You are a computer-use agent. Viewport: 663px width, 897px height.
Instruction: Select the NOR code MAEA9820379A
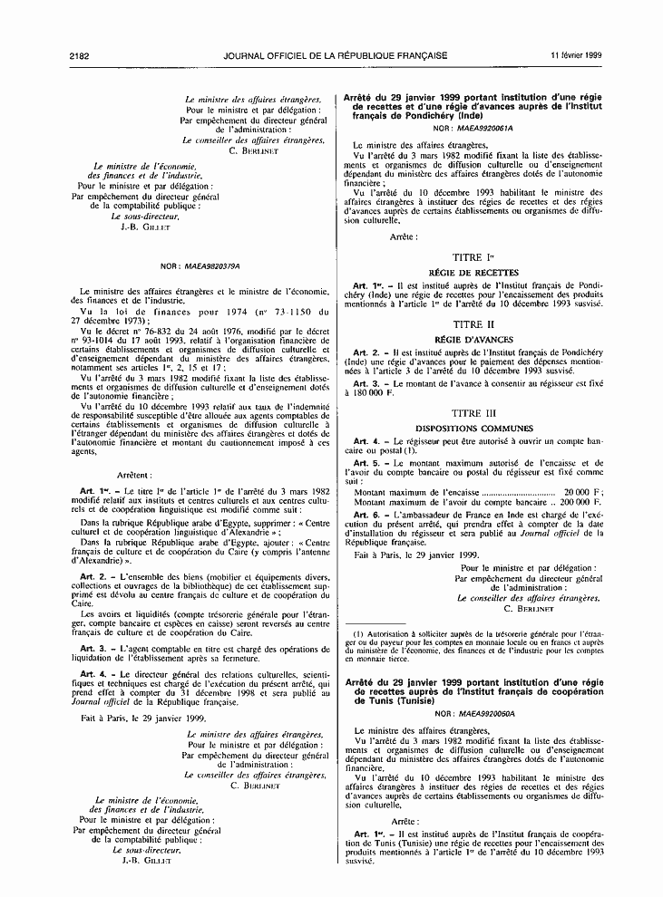210,267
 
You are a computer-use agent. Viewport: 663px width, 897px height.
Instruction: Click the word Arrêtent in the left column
136,475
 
